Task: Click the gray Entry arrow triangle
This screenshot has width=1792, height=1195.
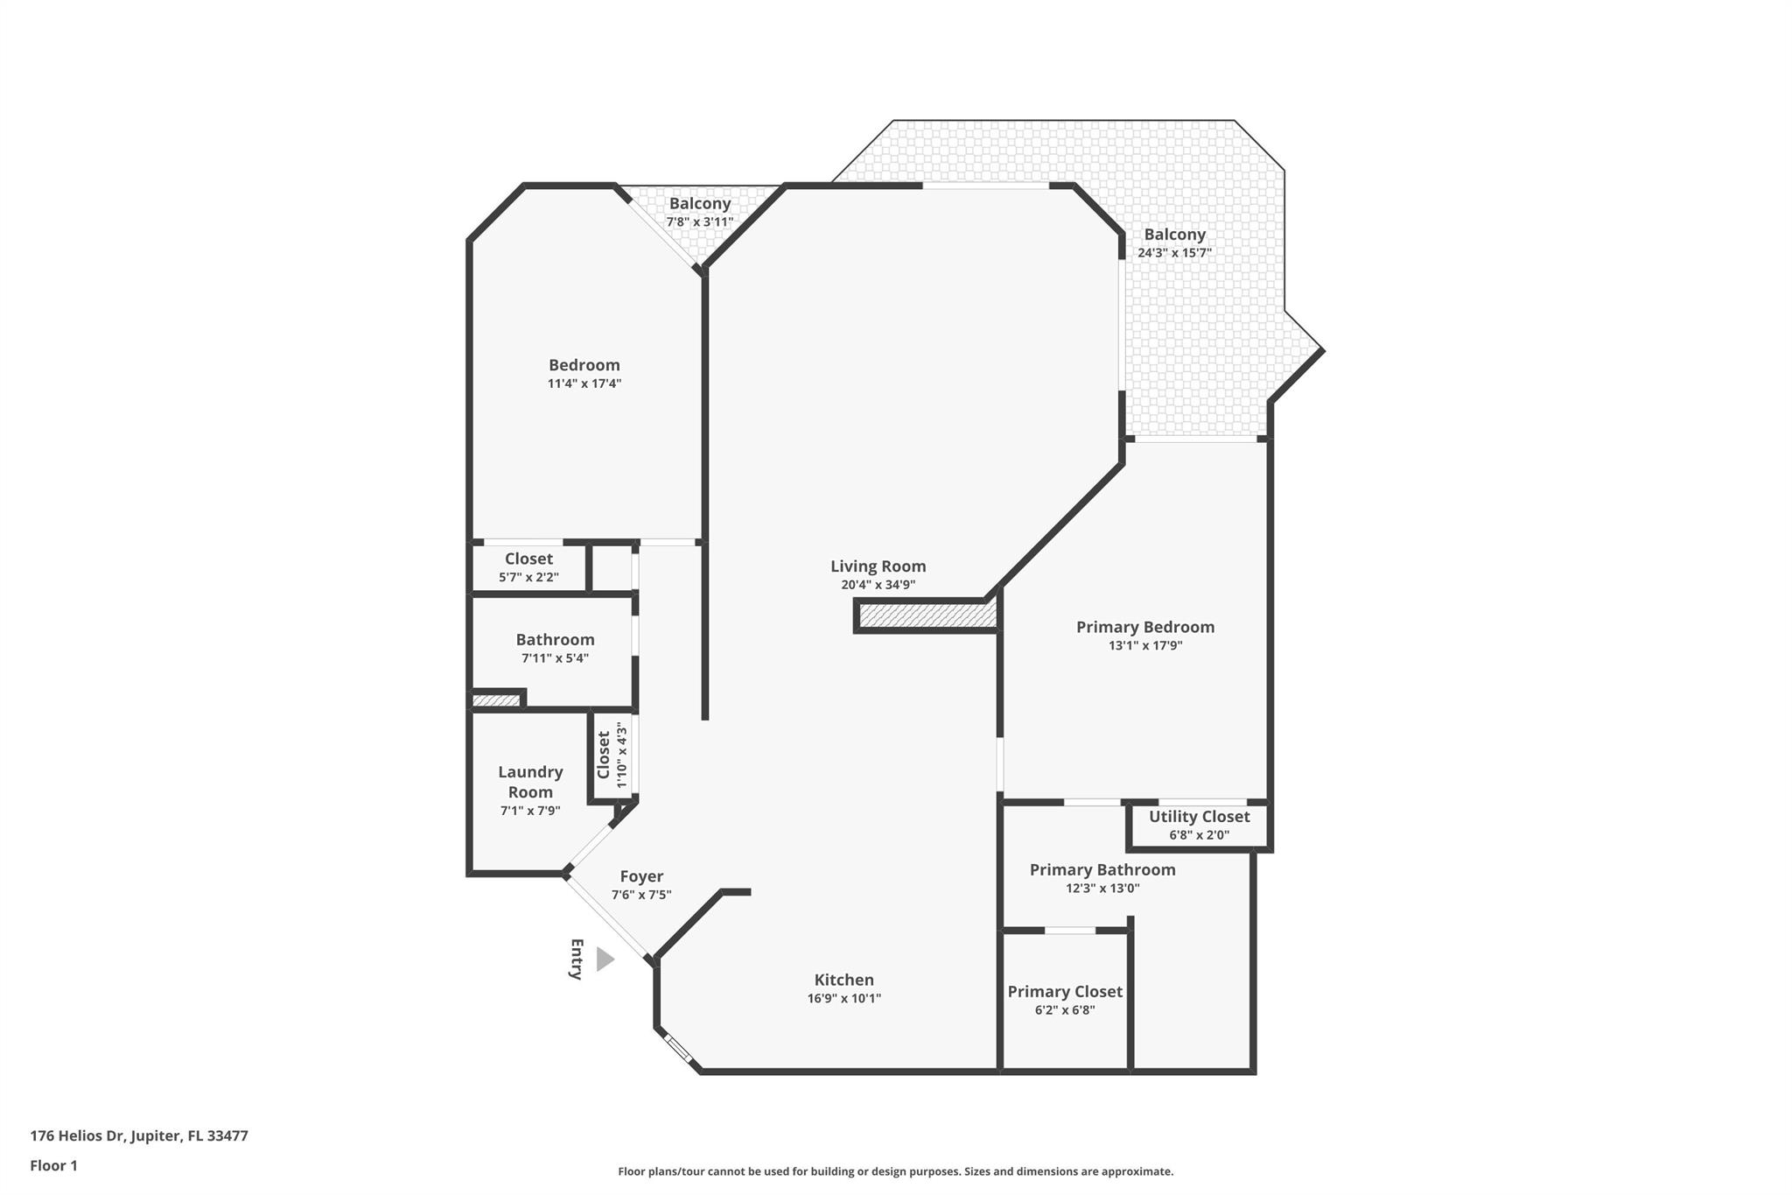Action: [604, 960]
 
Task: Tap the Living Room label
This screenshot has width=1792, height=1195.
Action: [878, 566]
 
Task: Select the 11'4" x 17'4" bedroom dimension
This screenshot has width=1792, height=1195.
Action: [584, 383]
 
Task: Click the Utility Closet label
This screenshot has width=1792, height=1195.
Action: [1199, 816]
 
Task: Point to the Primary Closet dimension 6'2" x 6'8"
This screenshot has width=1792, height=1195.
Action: [1064, 1009]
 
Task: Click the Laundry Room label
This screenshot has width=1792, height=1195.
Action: [530, 782]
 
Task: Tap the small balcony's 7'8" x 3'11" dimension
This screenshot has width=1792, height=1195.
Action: [699, 221]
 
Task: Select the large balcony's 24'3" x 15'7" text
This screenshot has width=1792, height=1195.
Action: [1174, 253]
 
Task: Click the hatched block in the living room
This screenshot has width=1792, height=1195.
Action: [927, 616]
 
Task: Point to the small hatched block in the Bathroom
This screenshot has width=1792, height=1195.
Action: [496, 700]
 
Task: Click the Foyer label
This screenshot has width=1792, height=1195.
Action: [641, 876]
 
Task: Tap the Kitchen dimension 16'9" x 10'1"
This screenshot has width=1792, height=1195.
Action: [843, 998]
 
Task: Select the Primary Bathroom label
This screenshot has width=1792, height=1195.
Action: [1102, 869]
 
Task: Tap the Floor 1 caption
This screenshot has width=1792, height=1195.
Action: [53, 1165]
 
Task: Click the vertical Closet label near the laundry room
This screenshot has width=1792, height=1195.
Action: [603, 755]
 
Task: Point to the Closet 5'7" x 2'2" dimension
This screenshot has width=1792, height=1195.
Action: [528, 577]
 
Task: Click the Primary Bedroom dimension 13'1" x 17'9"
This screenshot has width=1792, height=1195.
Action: [1144, 645]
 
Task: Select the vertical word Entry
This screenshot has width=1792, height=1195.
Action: [576, 959]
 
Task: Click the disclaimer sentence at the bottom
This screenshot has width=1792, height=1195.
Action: [895, 1171]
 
